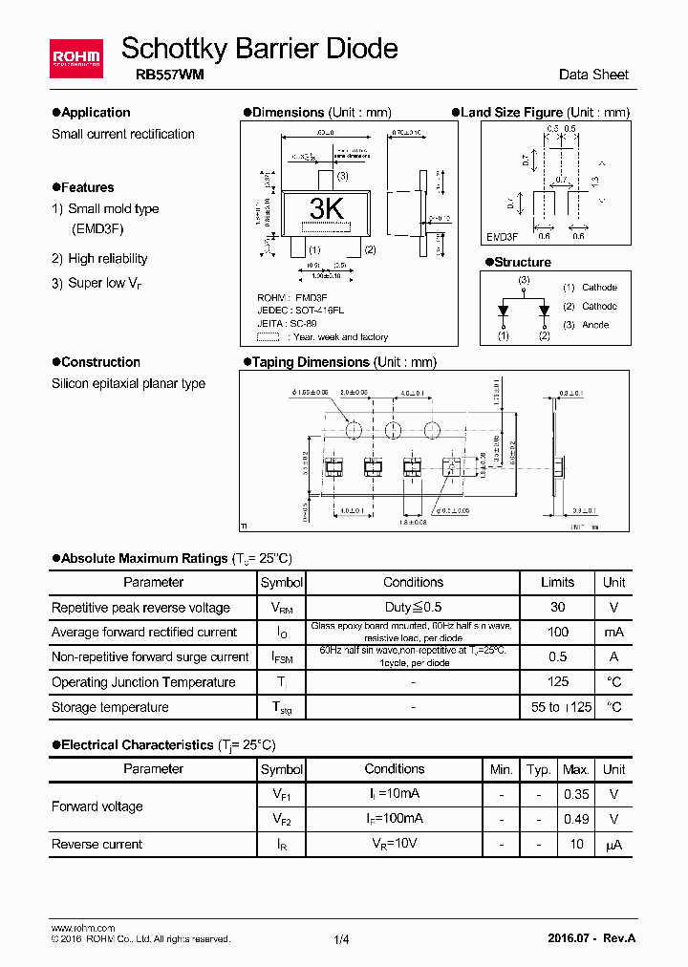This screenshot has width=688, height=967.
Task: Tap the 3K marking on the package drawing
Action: click(327, 209)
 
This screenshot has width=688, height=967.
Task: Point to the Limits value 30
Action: click(558, 607)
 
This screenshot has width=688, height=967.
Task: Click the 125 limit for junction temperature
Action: click(558, 681)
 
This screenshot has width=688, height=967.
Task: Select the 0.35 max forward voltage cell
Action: click(575, 794)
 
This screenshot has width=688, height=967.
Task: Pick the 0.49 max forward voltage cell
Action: click(575, 819)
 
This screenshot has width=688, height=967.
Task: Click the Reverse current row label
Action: click(97, 844)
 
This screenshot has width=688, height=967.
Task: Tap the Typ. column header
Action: click(539, 769)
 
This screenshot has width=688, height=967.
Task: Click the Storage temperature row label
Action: click(110, 707)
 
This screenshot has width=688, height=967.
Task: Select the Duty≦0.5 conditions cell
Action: click(413, 607)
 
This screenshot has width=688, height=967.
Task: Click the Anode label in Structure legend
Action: click(594, 325)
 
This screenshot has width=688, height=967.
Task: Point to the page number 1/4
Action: click(342, 939)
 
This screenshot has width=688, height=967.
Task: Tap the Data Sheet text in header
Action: click(593, 75)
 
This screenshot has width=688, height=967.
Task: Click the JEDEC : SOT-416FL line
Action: click(301, 311)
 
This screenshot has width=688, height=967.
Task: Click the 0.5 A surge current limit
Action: click(558, 656)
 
